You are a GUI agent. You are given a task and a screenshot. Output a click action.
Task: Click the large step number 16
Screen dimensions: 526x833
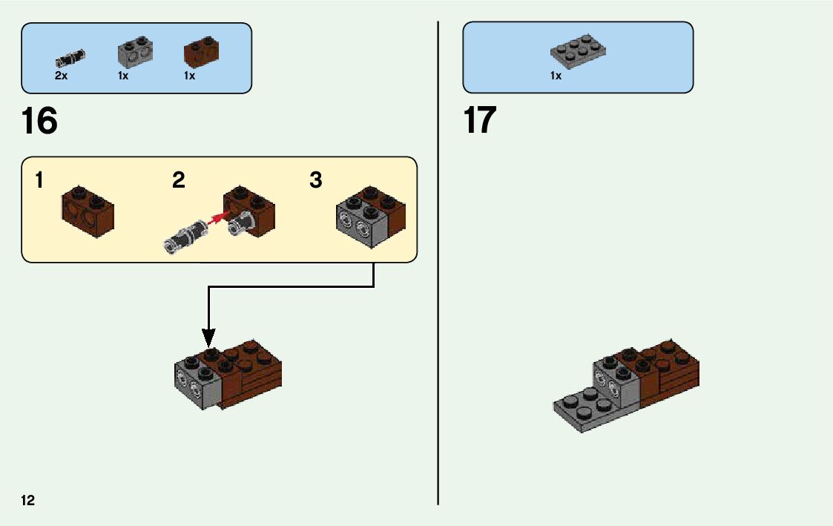point(40,122)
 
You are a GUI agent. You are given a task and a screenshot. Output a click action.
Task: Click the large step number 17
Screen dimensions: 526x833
point(480,120)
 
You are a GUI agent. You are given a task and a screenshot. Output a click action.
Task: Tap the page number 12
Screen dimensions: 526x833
point(27,500)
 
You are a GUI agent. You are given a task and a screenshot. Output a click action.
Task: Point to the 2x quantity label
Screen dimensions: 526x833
point(61,76)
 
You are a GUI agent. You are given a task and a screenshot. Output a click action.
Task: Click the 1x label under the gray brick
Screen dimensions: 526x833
point(123,76)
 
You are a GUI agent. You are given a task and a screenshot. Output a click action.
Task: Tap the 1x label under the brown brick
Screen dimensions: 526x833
point(190,76)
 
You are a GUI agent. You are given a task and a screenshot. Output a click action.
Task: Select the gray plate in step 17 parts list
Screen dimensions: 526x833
point(578,50)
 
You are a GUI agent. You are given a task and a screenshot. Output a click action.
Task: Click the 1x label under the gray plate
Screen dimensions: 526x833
point(556,76)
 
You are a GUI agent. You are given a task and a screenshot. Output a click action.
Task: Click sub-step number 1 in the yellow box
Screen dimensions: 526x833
point(39,180)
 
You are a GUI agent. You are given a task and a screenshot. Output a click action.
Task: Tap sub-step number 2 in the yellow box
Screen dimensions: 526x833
point(179,180)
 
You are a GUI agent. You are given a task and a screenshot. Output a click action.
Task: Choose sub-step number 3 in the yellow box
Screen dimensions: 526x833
point(316,180)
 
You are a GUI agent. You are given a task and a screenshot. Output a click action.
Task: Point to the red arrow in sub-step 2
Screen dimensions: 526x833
point(217,219)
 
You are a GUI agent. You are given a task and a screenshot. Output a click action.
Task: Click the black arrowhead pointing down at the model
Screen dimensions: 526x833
point(209,338)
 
